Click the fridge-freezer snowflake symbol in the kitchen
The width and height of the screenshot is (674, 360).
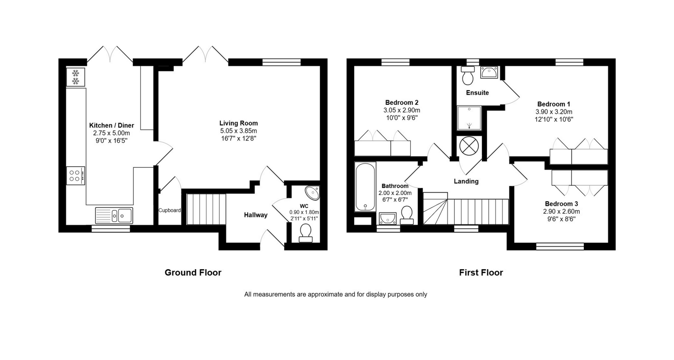76,77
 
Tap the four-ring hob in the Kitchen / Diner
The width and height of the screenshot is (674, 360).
76,176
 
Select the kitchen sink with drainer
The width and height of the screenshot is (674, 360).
114,215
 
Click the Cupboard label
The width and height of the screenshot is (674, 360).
169,210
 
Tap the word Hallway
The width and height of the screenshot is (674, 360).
256,215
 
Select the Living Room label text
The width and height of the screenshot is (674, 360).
239,123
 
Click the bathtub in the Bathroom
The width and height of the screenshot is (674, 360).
365,187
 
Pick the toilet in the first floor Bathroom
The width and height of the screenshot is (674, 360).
407,215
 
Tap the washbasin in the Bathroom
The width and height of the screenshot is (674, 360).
387,218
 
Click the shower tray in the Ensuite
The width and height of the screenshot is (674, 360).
469,118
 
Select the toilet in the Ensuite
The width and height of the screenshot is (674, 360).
468,76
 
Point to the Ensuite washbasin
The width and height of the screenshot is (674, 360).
489,72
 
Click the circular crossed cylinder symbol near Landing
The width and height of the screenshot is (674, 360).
469,146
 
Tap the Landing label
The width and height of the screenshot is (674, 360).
466,181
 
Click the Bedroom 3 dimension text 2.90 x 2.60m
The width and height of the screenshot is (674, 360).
562,211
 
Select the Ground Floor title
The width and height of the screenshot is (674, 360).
193,272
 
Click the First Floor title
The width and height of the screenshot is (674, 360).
481,272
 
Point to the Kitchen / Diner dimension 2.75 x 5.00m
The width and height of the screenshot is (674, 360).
112,133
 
